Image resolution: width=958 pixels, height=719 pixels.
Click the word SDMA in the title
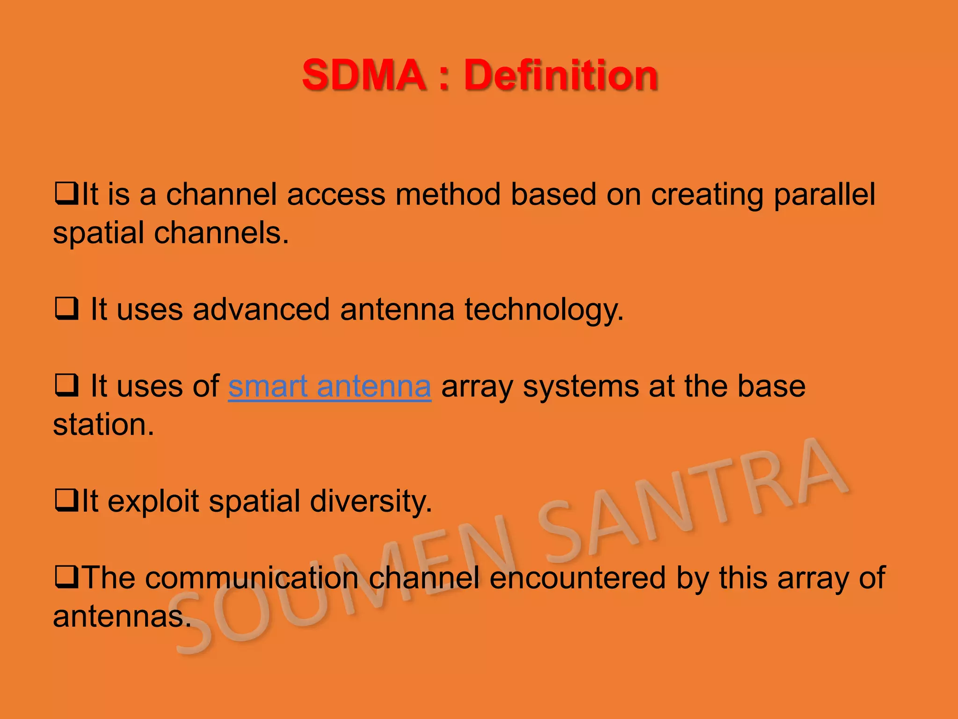(363, 75)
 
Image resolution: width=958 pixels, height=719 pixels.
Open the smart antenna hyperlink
(329, 386)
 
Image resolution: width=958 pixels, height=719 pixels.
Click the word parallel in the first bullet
(824, 195)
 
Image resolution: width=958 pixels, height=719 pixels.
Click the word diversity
(370, 501)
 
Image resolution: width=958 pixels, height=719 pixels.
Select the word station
(103, 425)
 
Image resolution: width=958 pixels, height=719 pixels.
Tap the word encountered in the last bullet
(577, 578)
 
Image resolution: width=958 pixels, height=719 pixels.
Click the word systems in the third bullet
(581, 387)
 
